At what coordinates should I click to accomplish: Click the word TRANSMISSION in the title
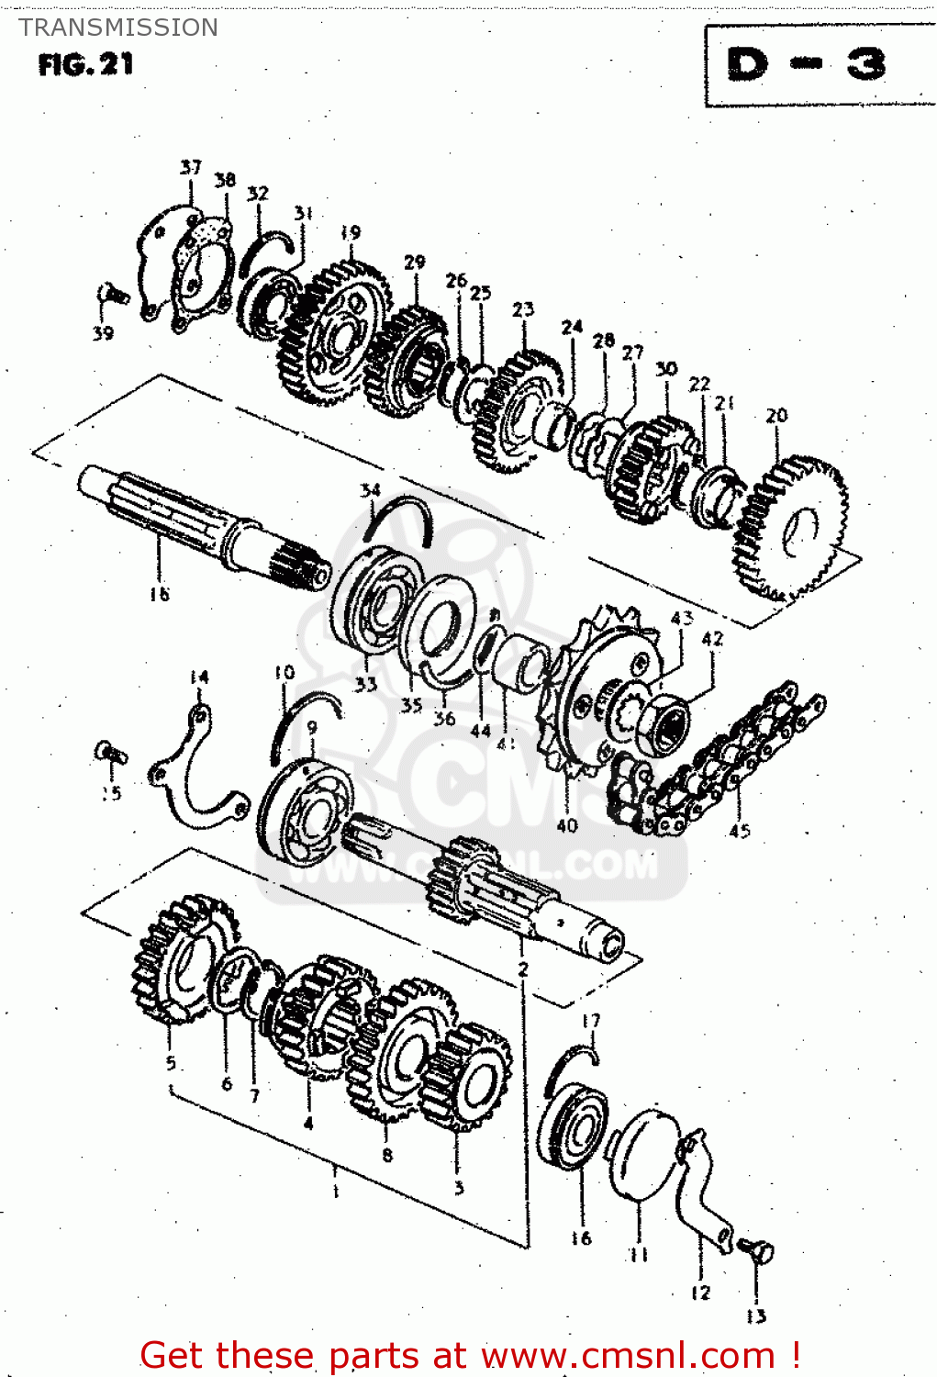(118, 28)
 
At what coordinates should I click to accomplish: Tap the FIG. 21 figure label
(85, 65)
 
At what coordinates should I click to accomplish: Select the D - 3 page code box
(807, 65)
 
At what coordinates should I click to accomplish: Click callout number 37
(190, 167)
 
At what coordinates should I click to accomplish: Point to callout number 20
(776, 416)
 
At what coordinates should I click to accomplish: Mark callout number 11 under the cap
(639, 1255)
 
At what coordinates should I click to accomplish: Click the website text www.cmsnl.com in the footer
(628, 1356)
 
